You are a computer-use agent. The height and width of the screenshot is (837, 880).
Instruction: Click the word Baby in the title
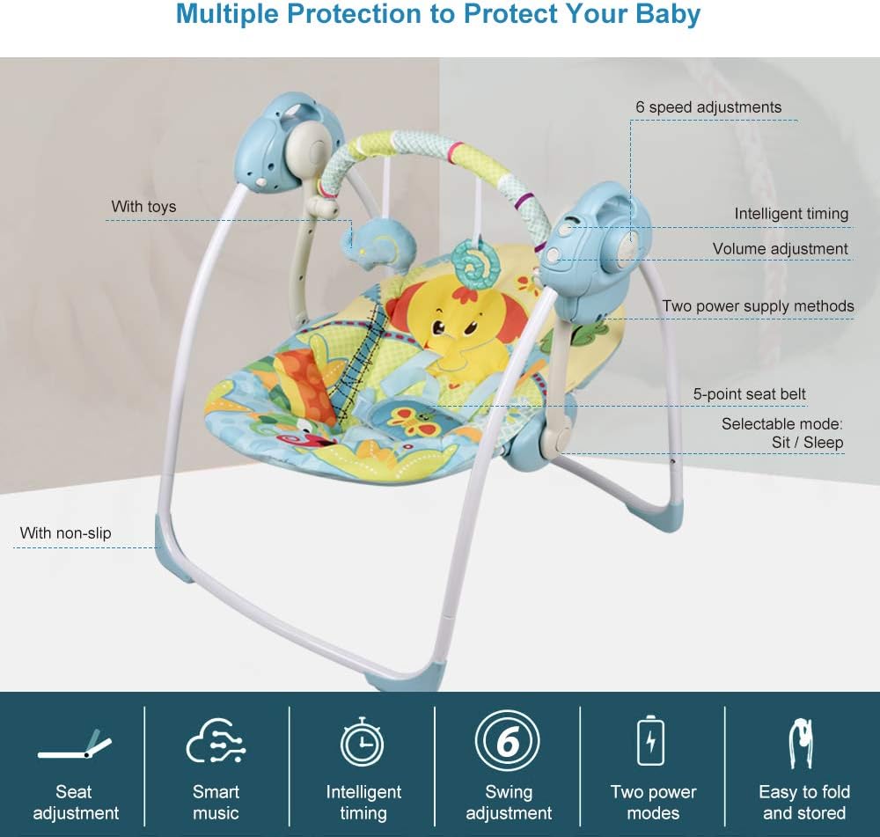tap(666, 15)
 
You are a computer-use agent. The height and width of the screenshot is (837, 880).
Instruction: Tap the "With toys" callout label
tap(143, 207)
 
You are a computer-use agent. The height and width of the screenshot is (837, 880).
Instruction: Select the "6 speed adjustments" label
tap(708, 107)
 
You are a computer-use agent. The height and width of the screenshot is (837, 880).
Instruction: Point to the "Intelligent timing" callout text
tap(791, 214)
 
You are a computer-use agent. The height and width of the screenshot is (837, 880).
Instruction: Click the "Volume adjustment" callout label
tap(780, 249)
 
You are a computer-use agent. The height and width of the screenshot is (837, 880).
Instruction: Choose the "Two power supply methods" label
tap(758, 306)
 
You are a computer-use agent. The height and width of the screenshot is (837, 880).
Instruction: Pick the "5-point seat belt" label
tap(749, 394)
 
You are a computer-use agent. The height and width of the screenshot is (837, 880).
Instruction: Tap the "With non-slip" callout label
tap(65, 532)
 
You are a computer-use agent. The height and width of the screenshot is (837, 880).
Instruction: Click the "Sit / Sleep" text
tap(807, 442)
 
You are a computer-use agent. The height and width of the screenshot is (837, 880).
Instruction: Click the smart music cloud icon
tap(216, 741)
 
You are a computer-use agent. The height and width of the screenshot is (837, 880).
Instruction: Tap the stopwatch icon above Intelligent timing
tap(363, 741)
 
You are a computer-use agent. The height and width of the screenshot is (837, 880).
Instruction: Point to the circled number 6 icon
tap(508, 742)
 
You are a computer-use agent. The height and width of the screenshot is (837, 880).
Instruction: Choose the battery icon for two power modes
tap(651, 741)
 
